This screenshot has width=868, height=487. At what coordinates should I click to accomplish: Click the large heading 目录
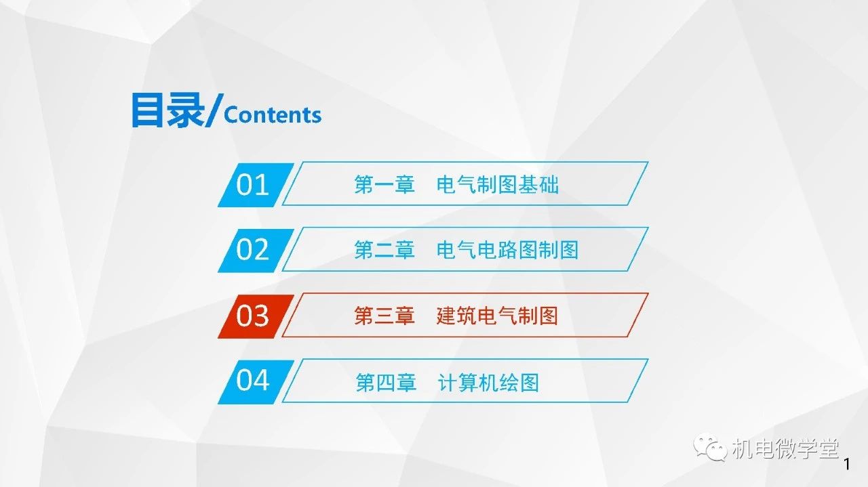coord(168,110)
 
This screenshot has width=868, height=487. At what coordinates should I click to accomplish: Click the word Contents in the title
coord(273,115)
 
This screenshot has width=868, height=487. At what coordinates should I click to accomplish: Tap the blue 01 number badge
coord(256,185)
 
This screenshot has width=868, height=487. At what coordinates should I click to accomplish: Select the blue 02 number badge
coord(256,251)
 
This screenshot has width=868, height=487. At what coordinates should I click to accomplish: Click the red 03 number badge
coord(256,316)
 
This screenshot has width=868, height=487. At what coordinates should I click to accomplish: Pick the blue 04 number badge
coord(256,382)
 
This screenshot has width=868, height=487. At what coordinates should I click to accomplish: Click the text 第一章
coord(384,184)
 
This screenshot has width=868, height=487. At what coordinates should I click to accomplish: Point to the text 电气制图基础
coord(498,184)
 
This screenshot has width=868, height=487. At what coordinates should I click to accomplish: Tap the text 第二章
coord(384,250)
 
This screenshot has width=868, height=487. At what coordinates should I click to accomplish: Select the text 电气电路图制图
coord(508,250)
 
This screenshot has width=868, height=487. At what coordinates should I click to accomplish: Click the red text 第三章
coord(384,316)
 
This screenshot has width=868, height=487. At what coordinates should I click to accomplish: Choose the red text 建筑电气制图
coord(497,316)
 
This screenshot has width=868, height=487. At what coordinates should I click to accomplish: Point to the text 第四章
coord(386,383)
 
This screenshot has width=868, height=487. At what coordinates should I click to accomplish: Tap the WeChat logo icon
coord(710,447)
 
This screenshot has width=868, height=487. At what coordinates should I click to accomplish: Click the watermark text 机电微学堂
coord(785,448)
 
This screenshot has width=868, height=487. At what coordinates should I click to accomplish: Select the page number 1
coord(847,464)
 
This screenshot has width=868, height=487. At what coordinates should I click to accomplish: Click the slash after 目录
coord(214,110)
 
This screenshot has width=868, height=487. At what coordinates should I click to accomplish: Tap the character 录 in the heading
coord(186,110)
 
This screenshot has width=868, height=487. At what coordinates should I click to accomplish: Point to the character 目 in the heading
coord(147,110)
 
